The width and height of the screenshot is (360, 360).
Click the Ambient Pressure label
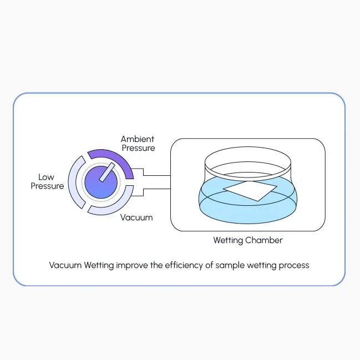[x=138, y=144]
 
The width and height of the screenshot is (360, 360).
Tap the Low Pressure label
[x=47, y=181]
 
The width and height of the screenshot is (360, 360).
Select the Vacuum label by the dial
[x=136, y=217]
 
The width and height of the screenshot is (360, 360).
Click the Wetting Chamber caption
[x=248, y=240]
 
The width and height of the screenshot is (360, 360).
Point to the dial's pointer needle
[x=107, y=172]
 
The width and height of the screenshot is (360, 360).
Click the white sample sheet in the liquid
[x=250, y=191]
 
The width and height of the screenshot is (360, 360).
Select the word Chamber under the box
[x=264, y=240]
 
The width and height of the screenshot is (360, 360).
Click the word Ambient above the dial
[x=138, y=139]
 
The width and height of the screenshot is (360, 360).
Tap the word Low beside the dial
[x=46, y=177]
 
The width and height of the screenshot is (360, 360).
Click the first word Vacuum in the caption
[x=65, y=265]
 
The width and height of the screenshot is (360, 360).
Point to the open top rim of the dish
[x=248, y=147]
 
